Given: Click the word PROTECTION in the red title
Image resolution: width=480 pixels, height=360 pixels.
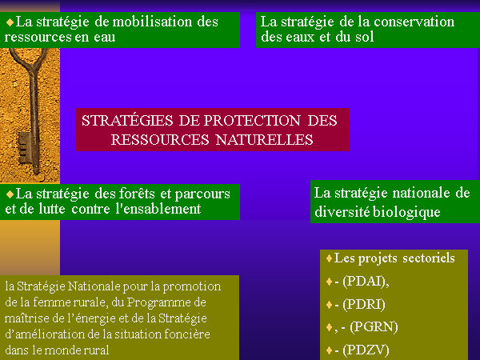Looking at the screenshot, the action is [252, 120].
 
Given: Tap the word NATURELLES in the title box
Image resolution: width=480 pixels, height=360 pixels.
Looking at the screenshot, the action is [264, 140].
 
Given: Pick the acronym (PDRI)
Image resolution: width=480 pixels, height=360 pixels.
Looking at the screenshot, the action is [364, 304].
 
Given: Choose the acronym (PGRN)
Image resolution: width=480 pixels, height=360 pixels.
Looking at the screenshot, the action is [374, 327].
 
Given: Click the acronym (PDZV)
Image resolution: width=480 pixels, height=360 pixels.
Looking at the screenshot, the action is [366, 350].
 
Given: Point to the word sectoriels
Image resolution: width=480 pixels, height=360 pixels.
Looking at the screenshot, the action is [429, 258].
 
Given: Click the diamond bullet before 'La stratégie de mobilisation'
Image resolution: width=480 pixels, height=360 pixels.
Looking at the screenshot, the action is [10, 22].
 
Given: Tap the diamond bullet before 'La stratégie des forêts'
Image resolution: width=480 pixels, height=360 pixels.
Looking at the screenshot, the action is [10, 194].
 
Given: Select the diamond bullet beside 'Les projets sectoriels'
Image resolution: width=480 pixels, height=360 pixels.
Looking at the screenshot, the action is [329, 258].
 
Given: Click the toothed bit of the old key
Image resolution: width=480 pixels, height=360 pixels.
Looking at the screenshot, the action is [24, 147].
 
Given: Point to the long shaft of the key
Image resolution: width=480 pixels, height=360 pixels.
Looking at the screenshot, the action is [34, 104].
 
